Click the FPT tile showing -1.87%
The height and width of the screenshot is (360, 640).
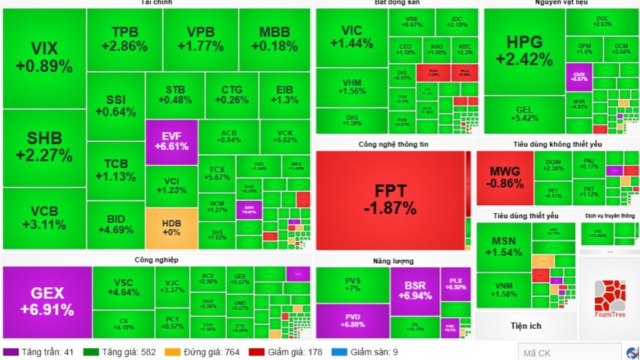pyautogui.click(x=391, y=200)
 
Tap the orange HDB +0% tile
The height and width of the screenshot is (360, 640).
pyautogui.click(x=171, y=228)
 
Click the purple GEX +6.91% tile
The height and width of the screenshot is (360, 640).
pyautogui.click(x=47, y=301)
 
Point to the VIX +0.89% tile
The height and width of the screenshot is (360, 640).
pyautogui.click(x=44, y=57)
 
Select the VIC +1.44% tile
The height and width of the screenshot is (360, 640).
pyautogui.click(x=351, y=36)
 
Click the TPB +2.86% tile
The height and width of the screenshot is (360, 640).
pyautogui.click(x=124, y=39)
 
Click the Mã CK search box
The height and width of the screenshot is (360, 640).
pyautogui.click(x=559, y=353)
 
